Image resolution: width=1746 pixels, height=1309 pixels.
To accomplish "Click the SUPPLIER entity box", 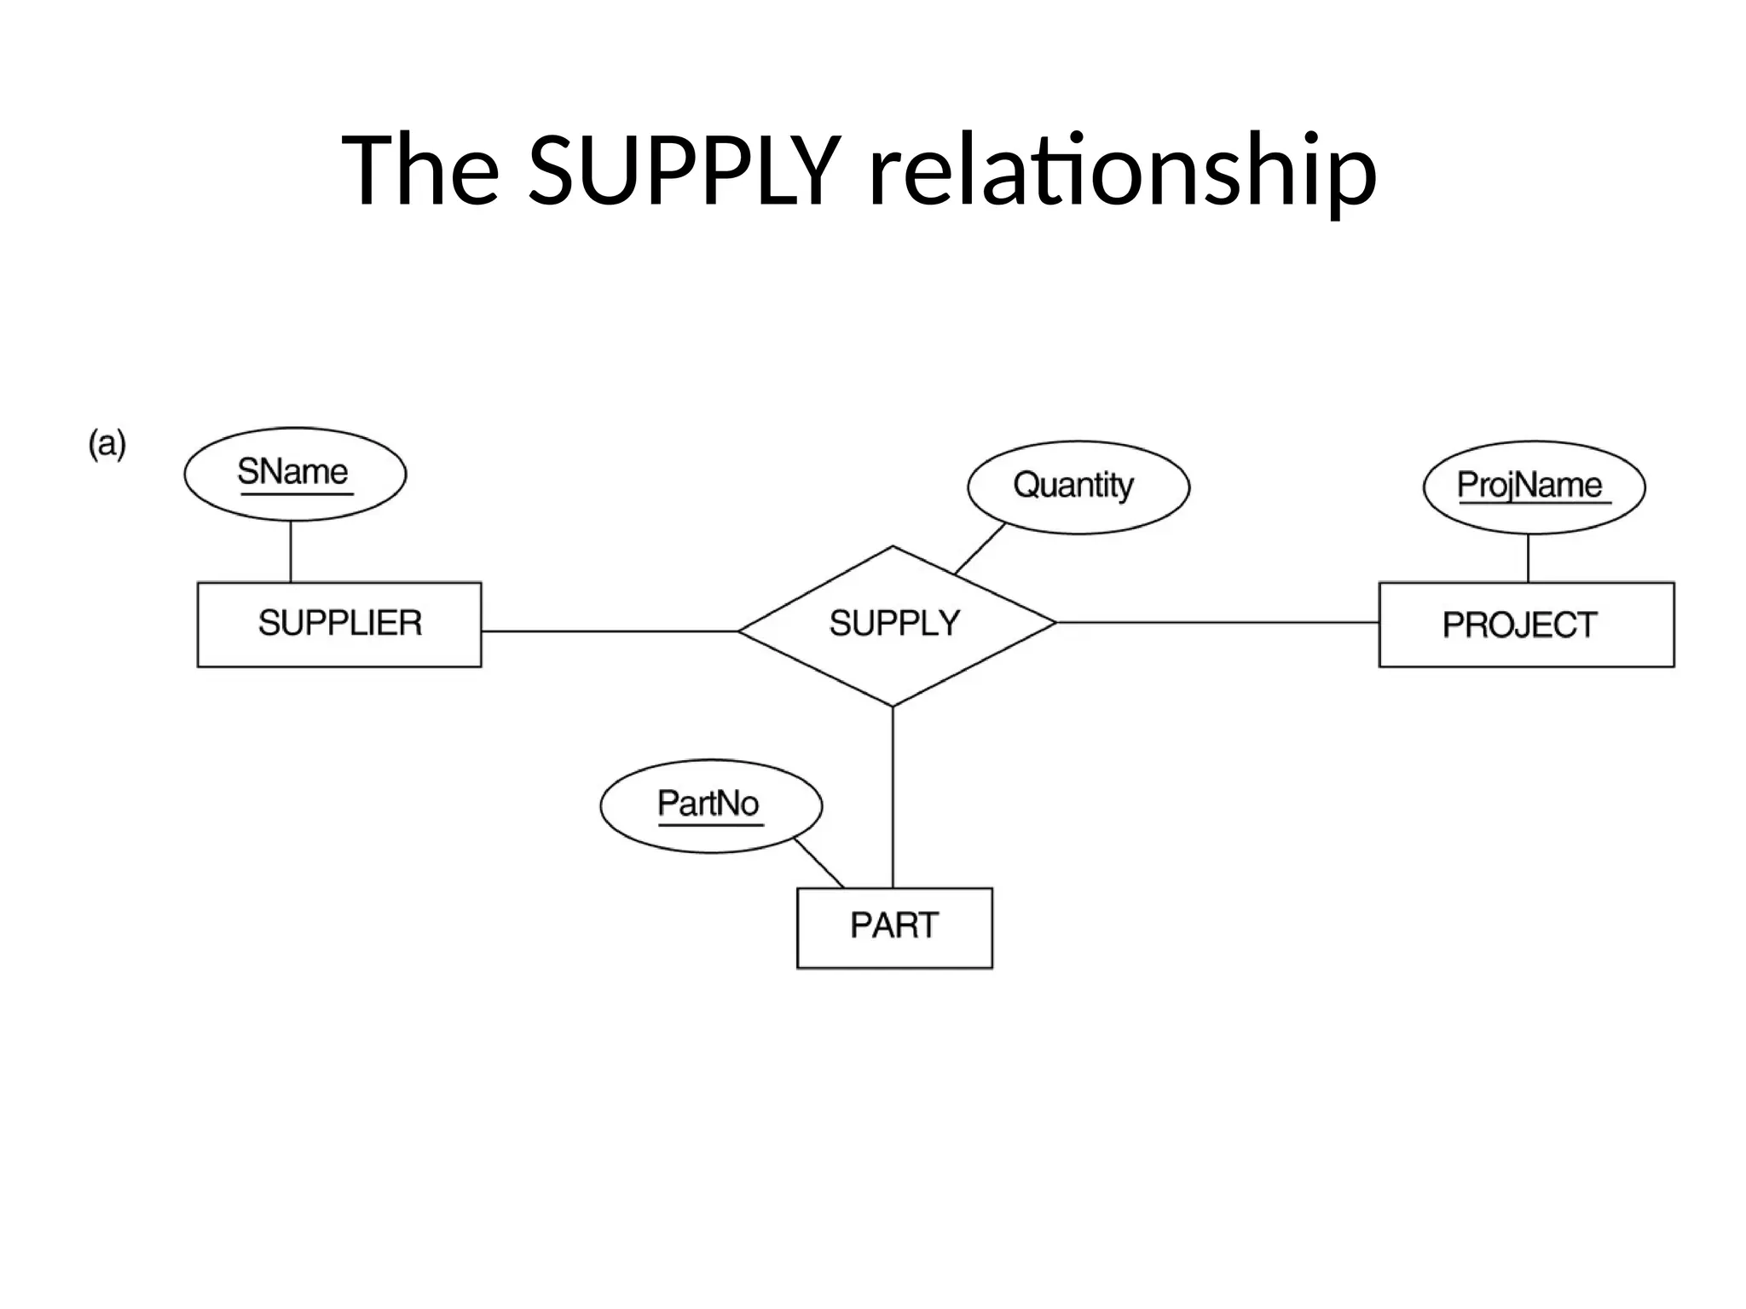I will point(339,624).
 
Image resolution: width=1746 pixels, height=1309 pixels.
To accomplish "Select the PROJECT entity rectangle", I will point(1526,624).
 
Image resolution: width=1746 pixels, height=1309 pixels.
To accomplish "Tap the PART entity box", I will point(894,927).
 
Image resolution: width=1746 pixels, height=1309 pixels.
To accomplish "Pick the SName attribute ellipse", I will point(295,474).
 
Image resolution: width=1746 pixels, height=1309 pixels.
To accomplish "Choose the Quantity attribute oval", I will point(1078,487).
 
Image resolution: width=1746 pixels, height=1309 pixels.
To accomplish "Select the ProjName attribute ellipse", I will point(1534,487).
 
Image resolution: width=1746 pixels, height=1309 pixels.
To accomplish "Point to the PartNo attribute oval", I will point(711,805).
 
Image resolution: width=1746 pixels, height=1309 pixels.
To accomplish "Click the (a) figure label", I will point(107,444).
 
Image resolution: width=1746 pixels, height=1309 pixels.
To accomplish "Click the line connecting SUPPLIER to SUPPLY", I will point(609,631).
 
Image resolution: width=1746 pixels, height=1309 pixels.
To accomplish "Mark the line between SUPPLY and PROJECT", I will point(1217,623).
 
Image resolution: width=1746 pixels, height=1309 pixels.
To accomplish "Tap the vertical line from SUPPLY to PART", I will point(893,797).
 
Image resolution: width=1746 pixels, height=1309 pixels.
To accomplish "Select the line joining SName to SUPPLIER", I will point(291,551).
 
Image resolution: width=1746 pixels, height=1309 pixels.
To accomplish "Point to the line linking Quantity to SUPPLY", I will point(980,548).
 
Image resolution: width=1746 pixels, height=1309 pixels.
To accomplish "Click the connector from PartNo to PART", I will point(818,862).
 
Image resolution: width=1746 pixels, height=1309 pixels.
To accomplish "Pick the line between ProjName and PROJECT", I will point(1528,558).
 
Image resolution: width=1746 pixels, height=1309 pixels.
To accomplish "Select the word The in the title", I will point(420,170).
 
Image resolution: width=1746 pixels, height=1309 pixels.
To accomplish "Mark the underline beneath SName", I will point(296,493).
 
